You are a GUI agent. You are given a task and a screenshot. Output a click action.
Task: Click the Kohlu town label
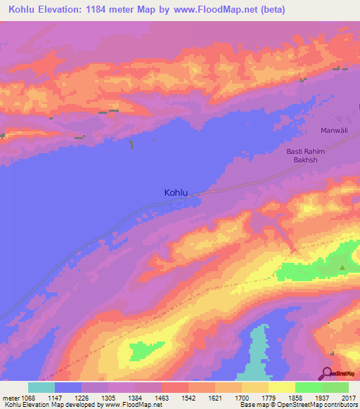pos(176,191)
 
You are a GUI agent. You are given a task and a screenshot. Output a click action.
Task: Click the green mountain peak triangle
pos(342,267)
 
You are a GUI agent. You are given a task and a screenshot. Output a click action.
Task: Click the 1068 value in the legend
pos(28,398)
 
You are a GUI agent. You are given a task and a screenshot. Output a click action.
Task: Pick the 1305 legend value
pos(108,398)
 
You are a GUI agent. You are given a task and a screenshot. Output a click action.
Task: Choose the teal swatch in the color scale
pos(41,387)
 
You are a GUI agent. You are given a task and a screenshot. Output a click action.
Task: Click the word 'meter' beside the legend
pos(11,398)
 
